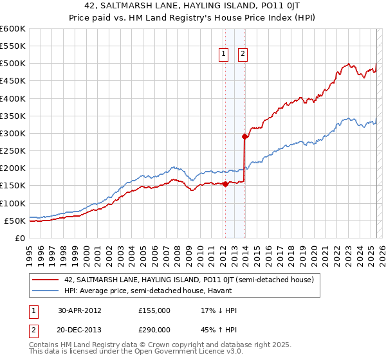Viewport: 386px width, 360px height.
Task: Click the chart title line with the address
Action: (193, 6)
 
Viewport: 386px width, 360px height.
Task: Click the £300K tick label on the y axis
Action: (12, 133)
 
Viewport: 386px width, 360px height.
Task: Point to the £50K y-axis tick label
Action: (15, 221)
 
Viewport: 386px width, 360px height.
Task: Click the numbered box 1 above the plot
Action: (224, 55)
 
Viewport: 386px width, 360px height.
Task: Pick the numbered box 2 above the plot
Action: (243, 55)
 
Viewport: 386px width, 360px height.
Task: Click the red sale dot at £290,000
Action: (244, 136)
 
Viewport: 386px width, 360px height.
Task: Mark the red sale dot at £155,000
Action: (225, 184)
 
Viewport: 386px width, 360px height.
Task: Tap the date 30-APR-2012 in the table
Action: (80, 310)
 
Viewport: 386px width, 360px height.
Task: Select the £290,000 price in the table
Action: (154, 332)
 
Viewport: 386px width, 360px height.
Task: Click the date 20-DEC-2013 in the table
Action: (80, 332)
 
